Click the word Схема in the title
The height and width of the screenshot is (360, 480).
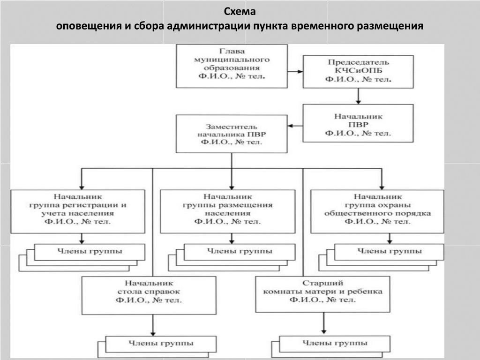coord(240,11)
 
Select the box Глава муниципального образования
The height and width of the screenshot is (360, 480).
coord(232,66)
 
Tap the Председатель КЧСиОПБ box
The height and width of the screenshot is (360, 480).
coord(358,71)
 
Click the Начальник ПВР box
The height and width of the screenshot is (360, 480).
coord(358,123)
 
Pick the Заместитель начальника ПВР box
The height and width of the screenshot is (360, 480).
coord(232,135)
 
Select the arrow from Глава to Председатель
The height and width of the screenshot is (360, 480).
coord(295,72)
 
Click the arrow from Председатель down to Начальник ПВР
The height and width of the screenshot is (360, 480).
coord(358,96)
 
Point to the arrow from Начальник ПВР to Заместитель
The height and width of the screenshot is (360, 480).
coord(295,126)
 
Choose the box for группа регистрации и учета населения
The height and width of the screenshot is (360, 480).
coord(77,211)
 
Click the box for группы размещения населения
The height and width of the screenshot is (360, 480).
coord(228,211)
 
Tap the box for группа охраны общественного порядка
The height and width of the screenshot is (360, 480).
coord(378,211)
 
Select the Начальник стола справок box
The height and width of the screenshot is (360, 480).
coord(149,295)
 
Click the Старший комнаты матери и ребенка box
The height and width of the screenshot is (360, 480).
coord(323,294)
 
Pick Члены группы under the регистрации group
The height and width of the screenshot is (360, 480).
coord(90,252)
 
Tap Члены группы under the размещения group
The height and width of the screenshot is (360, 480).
coord(240,252)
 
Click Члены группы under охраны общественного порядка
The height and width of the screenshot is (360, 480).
coord(390,252)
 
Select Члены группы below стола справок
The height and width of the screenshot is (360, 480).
coord(161,344)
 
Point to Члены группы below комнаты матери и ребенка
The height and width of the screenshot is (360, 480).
coord(334,344)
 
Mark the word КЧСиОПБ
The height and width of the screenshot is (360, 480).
coord(358,71)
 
